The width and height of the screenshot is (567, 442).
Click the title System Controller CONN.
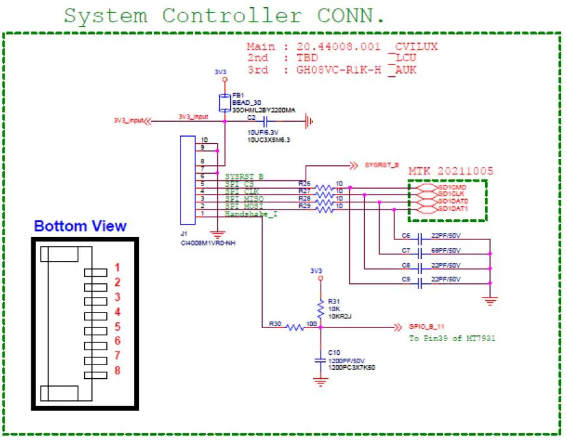pyautogui.click(x=224, y=15)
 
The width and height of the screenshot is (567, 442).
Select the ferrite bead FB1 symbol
pyautogui.click(x=225, y=102)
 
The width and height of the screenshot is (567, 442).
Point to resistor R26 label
pyautogui.click(x=304, y=184)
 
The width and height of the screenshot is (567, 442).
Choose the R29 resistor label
pyautogui.click(x=304, y=206)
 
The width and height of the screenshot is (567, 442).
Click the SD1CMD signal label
pyautogui.click(x=452, y=186)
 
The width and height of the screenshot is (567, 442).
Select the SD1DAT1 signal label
pyautogui.click(x=452, y=208)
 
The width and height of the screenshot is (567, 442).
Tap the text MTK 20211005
pyautogui.click(x=450, y=171)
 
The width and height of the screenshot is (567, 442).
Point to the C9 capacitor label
pyautogui.click(x=405, y=279)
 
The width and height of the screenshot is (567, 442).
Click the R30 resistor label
pyautogui.click(x=274, y=323)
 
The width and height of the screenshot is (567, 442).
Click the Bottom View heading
pyautogui.click(x=80, y=227)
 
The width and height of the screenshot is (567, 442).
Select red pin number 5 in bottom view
pyautogui.click(x=117, y=327)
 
